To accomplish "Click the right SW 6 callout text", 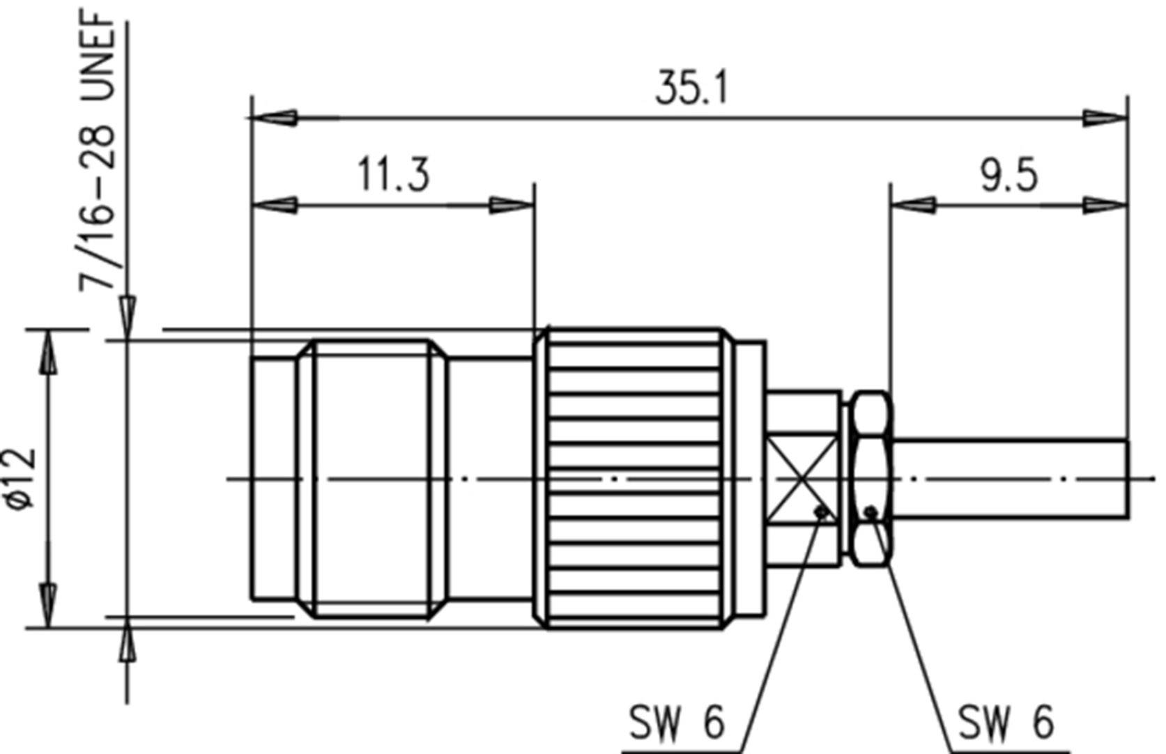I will click(x=1006, y=723).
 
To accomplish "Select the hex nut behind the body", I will click(x=870, y=479).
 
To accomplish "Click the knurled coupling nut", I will click(x=634, y=479).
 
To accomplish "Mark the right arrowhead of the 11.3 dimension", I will click(x=512, y=205).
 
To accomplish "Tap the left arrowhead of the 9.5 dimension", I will click(x=913, y=205).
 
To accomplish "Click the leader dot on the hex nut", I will click(x=869, y=512).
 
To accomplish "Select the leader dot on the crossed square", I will click(x=822, y=514).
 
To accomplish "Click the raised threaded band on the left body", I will click(x=369, y=479).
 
